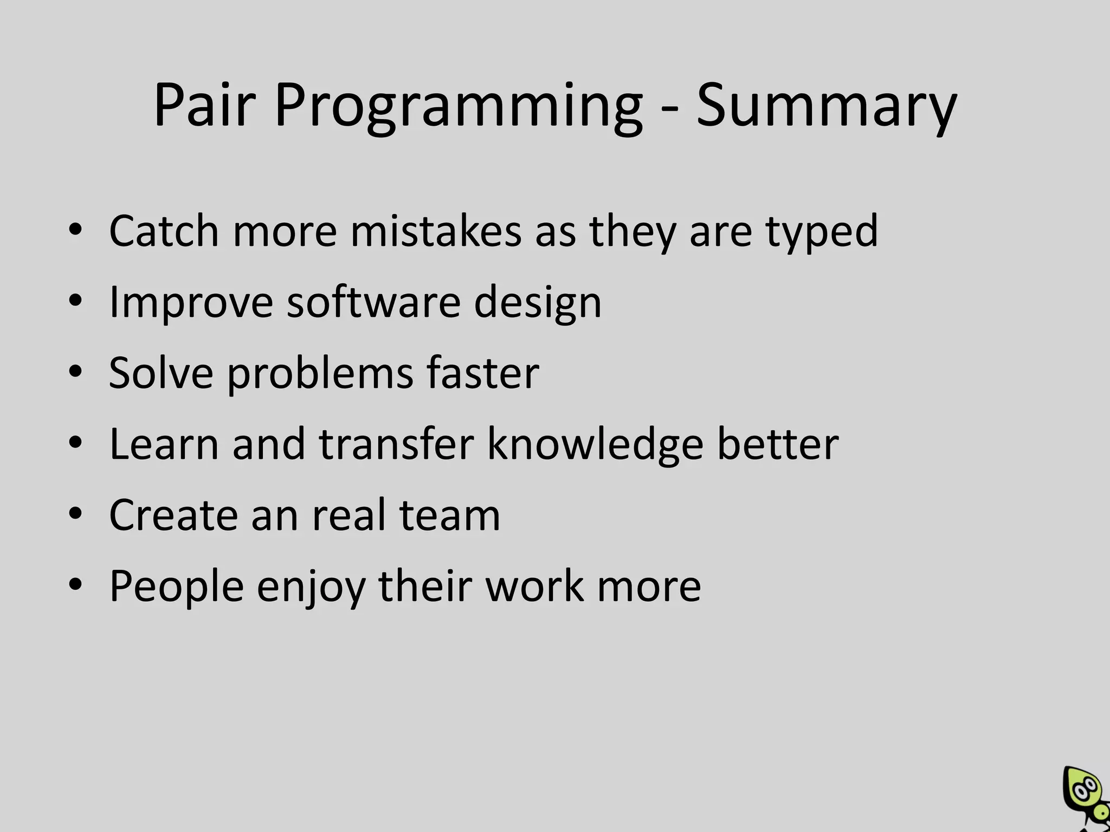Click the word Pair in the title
tap(204, 105)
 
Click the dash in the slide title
tap(669, 109)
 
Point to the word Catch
tap(163, 231)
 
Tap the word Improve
tap(191, 303)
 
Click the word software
tap(373, 302)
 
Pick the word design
tap(538, 303)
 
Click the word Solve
tap(161, 373)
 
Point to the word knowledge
tap(595, 445)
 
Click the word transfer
tap(396, 444)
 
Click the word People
tap(176, 587)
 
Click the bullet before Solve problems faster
tap(75, 371)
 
